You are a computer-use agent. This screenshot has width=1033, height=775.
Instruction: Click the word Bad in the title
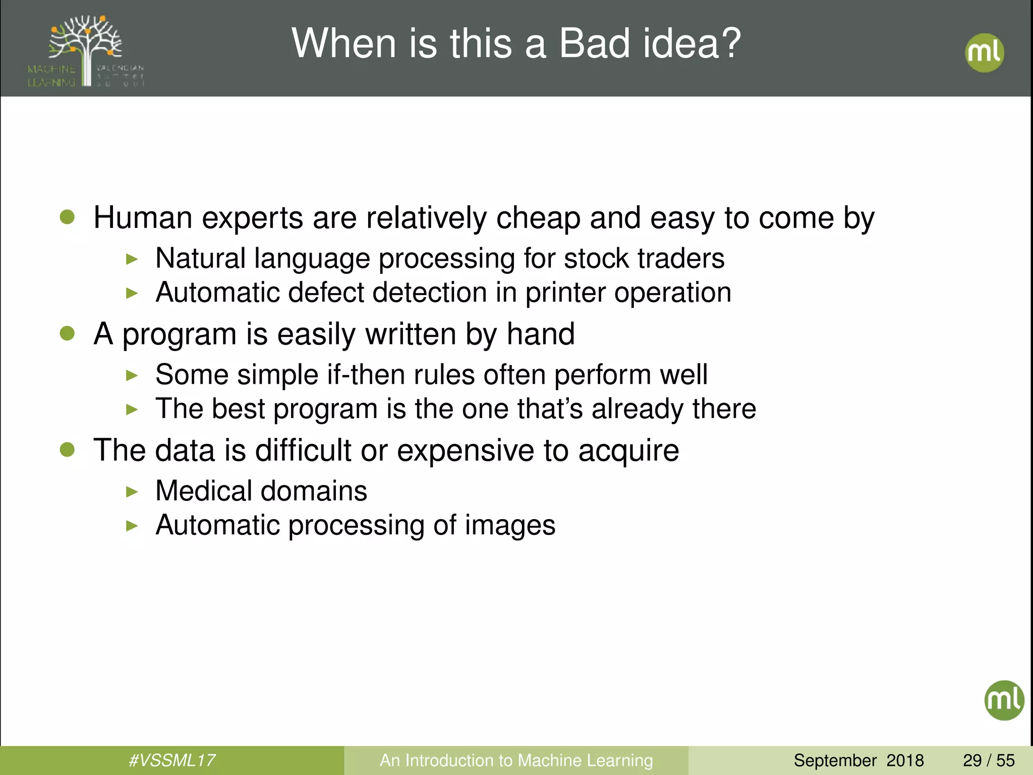[595, 43]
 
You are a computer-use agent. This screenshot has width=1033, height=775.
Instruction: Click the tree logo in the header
[86, 50]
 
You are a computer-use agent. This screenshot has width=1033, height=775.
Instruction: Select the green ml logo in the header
[984, 52]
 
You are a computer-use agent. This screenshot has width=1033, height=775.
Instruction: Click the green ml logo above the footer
[1004, 700]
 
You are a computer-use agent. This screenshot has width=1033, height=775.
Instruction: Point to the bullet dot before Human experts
[67, 217]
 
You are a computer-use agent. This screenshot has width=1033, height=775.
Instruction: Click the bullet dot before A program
[67, 334]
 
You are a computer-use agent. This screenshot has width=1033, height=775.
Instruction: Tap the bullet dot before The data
[67, 450]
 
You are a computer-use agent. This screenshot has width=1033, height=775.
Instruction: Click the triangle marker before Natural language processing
[132, 259]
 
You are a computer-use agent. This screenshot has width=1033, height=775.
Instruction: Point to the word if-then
[366, 375]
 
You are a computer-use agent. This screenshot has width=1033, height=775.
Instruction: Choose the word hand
[540, 334]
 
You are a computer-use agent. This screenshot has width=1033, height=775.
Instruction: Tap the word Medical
[204, 491]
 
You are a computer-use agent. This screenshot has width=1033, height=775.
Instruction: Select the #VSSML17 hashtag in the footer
[172, 760]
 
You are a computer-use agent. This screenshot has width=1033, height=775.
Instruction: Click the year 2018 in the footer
[905, 760]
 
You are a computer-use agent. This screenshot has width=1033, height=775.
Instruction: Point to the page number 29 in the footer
[972, 760]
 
